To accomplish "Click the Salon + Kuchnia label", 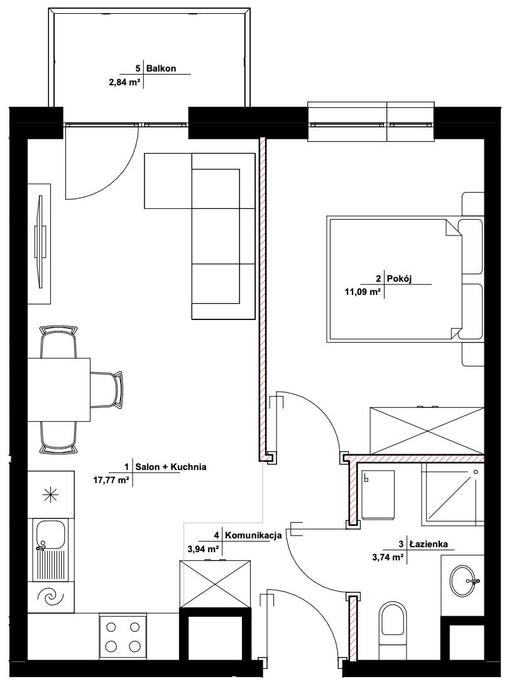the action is tap(171, 467).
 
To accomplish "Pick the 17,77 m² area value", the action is tap(111, 480).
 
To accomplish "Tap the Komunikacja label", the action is tap(253, 535).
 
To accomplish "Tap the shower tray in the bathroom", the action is tap(452, 494).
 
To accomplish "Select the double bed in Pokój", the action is tap(405, 279).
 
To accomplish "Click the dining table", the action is tap(59, 390).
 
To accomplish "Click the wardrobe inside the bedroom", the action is tap(427, 431).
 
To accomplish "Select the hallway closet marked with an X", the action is tap(215, 583).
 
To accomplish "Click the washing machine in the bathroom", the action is tap(379, 494).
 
